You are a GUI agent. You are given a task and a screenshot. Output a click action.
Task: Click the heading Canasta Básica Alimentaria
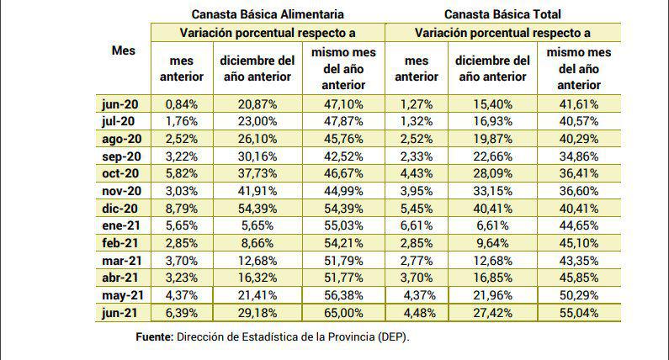(x=267, y=14)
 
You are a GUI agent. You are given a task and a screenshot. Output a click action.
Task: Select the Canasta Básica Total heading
(x=502, y=14)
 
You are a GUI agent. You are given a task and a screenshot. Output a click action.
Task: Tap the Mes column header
(x=123, y=50)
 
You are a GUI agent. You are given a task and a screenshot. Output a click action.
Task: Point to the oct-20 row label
(x=122, y=172)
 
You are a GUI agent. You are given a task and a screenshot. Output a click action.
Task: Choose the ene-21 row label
(x=122, y=225)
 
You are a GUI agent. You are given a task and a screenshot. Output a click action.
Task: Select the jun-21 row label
(x=122, y=311)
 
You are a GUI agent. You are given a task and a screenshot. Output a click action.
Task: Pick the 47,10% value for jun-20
(x=343, y=103)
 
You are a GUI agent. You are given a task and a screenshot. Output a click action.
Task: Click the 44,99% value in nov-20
(x=343, y=190)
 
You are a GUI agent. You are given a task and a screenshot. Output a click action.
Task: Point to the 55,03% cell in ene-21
(x=343, y=225)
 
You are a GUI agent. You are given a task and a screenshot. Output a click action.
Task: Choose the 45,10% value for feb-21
(x=577, y=241)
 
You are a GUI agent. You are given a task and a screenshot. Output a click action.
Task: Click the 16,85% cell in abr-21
(x=491, y=276)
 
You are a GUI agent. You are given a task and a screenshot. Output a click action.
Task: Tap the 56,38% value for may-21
(x=343, y=294)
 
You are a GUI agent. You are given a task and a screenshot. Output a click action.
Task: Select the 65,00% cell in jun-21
(x=343, y=311)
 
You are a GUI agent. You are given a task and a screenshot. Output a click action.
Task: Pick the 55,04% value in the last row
(x=577, y=311)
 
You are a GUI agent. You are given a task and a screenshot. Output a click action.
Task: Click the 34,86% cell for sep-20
(x=577, y=156)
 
